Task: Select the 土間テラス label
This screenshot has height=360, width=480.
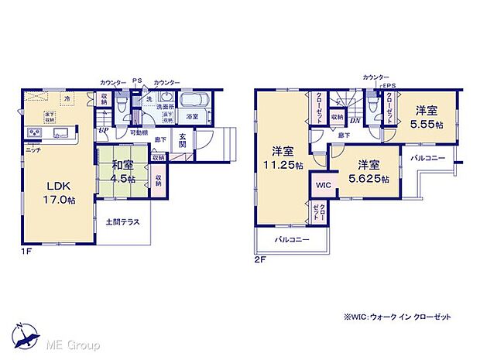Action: [122, 222]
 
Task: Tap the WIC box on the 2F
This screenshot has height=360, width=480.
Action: [323, 185]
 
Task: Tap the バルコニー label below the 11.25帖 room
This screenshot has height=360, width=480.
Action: [292, 240]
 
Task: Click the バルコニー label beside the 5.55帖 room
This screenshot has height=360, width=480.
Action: [427, 157]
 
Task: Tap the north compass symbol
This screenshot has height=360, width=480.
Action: [27, 333]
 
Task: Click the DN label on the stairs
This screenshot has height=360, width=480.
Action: [354, 121]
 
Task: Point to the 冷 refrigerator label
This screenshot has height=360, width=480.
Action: [67, 98]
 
